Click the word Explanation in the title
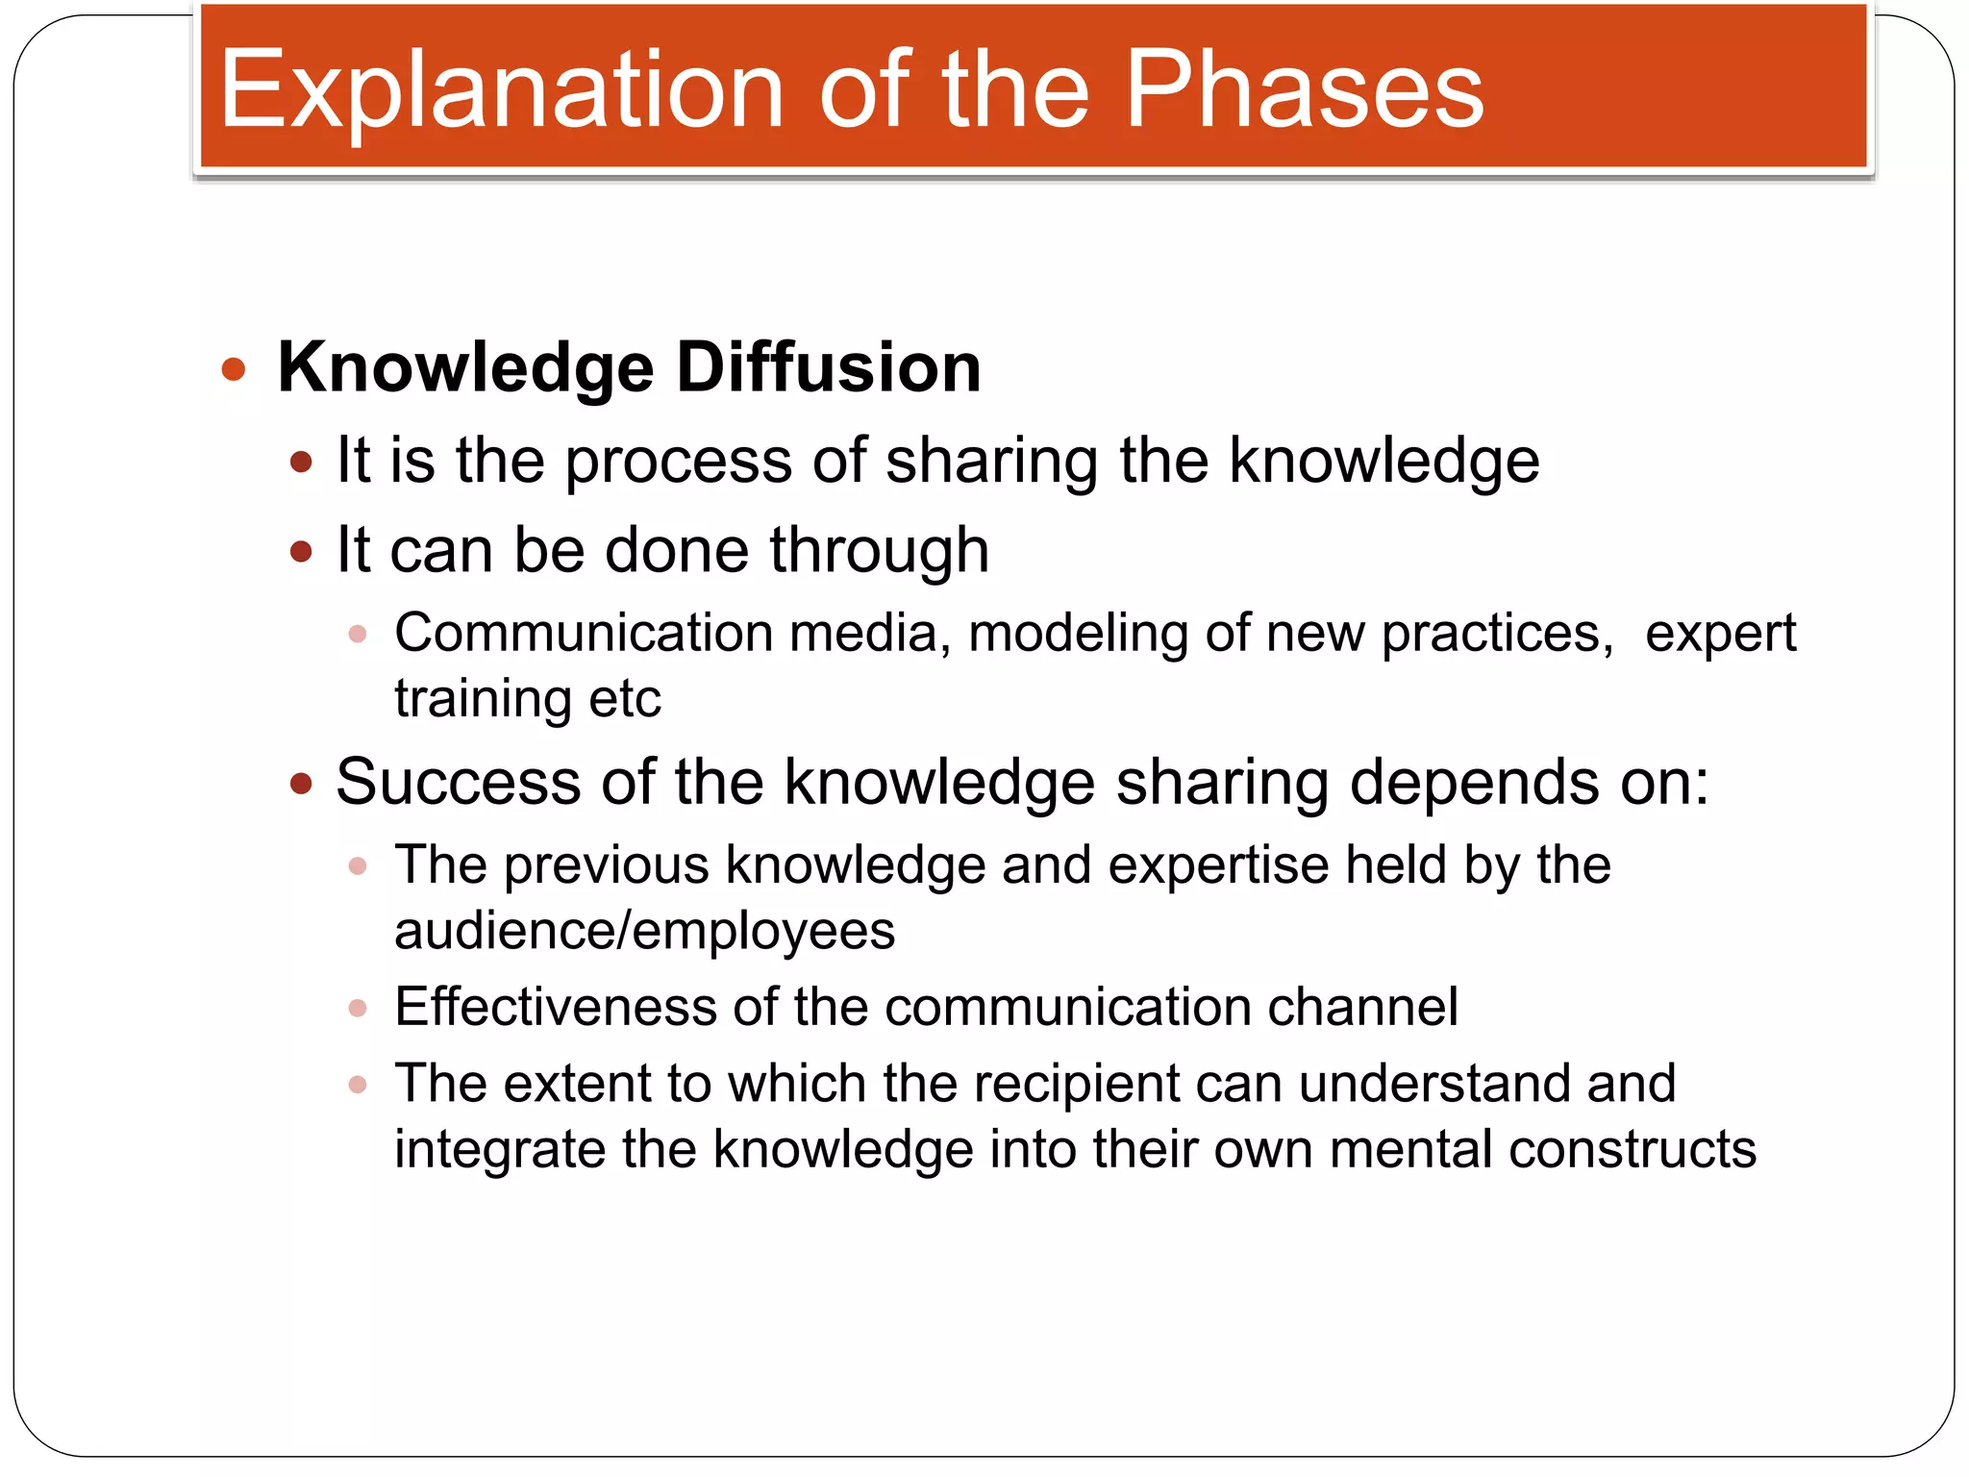click(x=501, y=90)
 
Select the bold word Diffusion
click(x=828, y=367)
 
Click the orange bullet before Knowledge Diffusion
click(x=233, y=369)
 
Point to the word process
click(x=679, y=462)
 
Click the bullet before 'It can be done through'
click(x=301, y=552)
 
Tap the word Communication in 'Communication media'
click(x=584, y=634)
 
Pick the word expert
click(x=1720, y=634)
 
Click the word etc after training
click(x=625, y=699)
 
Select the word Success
click(x=458, y=782)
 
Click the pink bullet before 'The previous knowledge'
click(x=358, y=866)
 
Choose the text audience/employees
click(x=644, y=931)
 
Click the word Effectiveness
click(x=556, y=1007)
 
